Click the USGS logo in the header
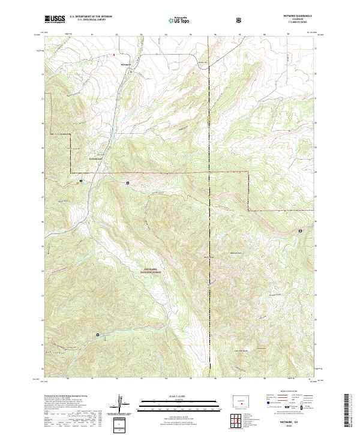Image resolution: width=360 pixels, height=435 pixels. pos(55,20)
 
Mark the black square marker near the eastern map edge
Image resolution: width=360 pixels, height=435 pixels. pos(301,230)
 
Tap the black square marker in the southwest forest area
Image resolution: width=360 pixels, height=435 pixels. pos(98,335)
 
